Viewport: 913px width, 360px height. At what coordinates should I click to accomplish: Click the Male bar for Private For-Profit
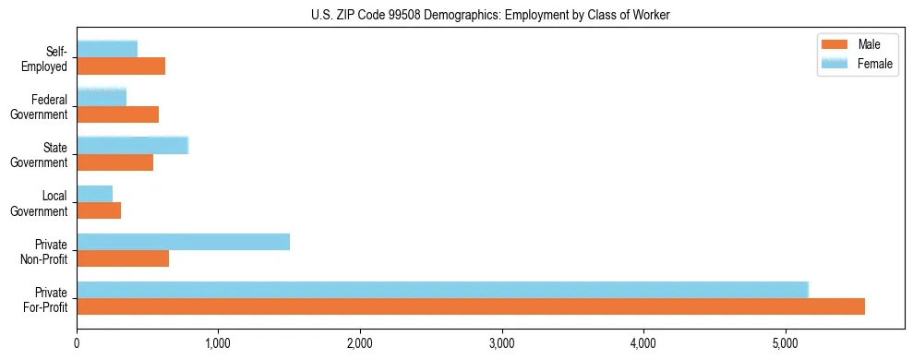click(x=471, y=306)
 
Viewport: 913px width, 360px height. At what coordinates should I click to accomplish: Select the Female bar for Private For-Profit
click(x=442, y=290)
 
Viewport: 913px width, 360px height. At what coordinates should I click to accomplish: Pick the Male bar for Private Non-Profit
click(x=123, y=258)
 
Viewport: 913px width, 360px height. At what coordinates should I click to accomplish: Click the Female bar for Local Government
click(x=94, y=194)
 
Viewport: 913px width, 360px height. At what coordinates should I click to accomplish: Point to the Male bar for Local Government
click(x=99, y=210)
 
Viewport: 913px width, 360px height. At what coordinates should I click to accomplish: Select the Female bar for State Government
click(x=132, y=145)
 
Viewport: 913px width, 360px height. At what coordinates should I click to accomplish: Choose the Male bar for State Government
click(x=114, y=162)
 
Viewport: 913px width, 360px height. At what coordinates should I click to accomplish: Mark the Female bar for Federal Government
click(x=102, y=97)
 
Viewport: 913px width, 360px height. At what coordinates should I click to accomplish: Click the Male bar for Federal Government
click(x=117, y=114)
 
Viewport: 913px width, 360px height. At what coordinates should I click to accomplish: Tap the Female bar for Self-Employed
click(x=107, y=49)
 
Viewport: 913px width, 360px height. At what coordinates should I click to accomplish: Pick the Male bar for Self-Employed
click(x=121, y=66)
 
